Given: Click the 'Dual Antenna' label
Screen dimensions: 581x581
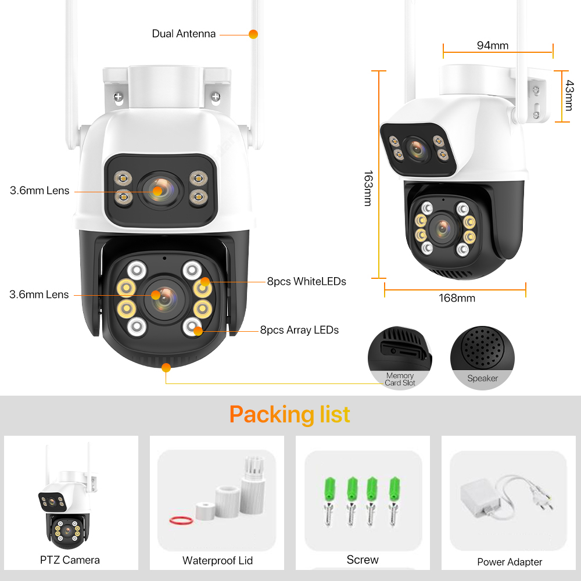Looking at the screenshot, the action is point(184,34).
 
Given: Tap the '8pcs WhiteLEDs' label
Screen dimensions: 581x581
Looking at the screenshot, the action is point(306,282).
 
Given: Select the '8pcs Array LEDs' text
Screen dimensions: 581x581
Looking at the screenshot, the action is point(299,330).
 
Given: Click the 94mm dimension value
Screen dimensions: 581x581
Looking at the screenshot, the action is point(493,45).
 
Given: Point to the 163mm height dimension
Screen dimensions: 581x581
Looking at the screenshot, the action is point(368,188).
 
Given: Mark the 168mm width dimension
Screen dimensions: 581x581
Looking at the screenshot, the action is point(457,298).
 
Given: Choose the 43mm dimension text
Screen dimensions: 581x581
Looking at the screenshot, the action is point(569,95).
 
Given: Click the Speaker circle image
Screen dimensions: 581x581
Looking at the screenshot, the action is point(482,358).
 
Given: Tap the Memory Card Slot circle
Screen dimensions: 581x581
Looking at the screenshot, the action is point(400,358).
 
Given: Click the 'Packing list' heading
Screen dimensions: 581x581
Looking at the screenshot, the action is point(290,414).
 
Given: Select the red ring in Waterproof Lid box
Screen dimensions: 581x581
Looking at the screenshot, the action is point(181,521).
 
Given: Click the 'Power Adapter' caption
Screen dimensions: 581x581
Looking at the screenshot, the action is point(510,562).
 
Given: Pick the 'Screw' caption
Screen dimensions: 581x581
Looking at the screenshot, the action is point(363,560).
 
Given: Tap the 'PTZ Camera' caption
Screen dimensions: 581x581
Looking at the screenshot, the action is point(70,560).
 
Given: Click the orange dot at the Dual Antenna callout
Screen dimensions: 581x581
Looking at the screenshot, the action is point(253,34).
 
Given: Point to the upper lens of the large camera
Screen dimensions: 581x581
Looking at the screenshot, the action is point(161,191).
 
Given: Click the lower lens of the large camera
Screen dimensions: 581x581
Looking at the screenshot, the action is point(164,299).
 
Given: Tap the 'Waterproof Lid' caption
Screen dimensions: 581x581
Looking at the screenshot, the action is point(217,561).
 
